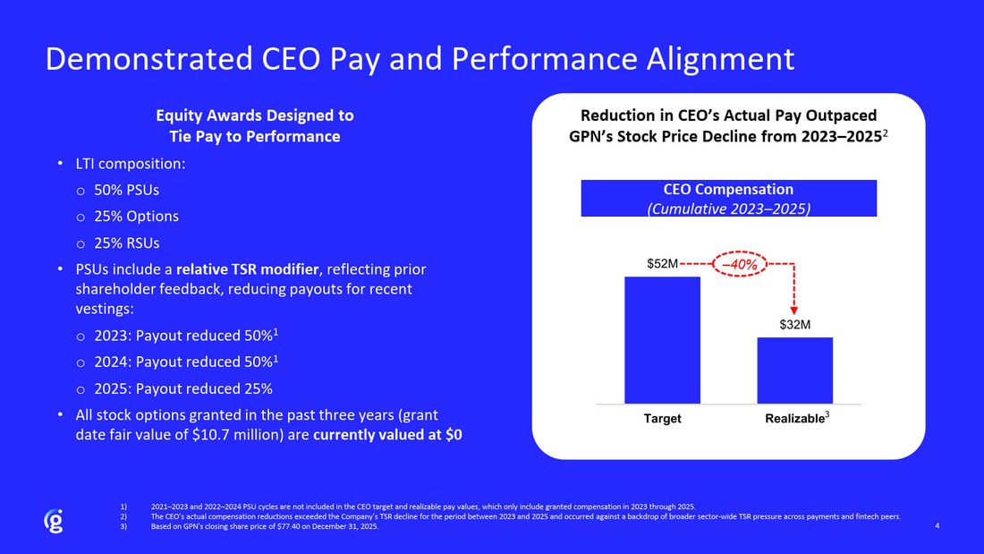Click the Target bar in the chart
(x=662, y=340)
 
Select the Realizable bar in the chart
(x=794, y=370)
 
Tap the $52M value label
(x=663, y=265)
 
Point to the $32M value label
(x=794, y=325)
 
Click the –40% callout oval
(x=741, y=265)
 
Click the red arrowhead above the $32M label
(x=794, y=310)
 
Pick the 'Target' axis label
(x=662, y=419)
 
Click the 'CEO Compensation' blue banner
(x=728, y=198)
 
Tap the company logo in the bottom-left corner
(x=54, y=521)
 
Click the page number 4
(x=936, y=525)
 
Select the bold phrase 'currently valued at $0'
(x=387, y=436)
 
